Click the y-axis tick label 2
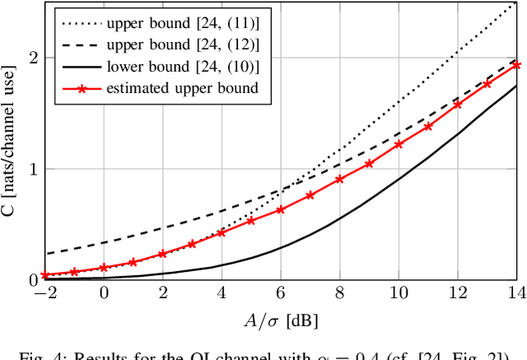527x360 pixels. click(32, 58)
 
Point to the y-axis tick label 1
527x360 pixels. click(32, 169)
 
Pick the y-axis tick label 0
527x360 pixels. click(32, 280)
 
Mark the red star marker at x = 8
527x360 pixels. click(339, 179)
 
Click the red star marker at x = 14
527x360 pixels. click(516, 64)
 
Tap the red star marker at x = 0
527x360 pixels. click(104, 268)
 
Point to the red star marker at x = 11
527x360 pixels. click(428, 126)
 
